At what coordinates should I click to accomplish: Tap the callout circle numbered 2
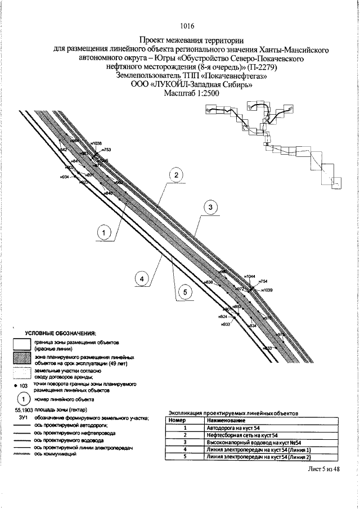176,175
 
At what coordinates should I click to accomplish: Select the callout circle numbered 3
210,208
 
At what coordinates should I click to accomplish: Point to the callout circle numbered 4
143,278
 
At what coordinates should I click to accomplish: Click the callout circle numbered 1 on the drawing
104,232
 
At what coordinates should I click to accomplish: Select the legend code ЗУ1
22,418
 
